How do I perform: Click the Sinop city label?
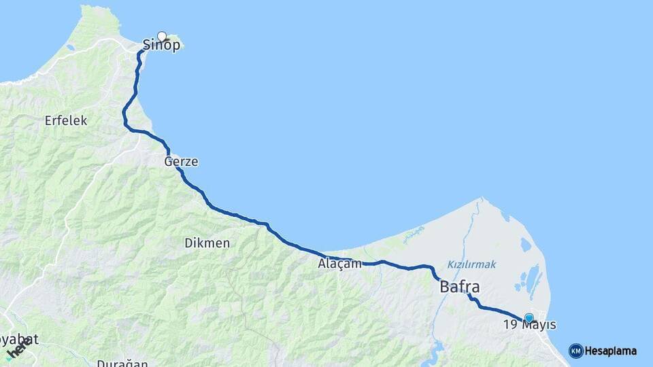(162, 46)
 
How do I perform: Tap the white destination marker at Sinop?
(162, 36)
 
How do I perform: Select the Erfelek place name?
(66, 120)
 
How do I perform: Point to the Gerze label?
(181, 162)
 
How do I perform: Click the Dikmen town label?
(207, 243)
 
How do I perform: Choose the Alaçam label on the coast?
(339, 264)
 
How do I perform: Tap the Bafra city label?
(460, 286)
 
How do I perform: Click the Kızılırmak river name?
(471, 264)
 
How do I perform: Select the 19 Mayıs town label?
(529, 326)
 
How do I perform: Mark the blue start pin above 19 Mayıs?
(529, 317)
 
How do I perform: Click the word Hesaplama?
(611, 351)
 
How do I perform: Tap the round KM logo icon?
(575, 351)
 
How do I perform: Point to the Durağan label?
(122, 362)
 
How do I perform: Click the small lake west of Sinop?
(71, 48)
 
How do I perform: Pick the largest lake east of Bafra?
(535, 279)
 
